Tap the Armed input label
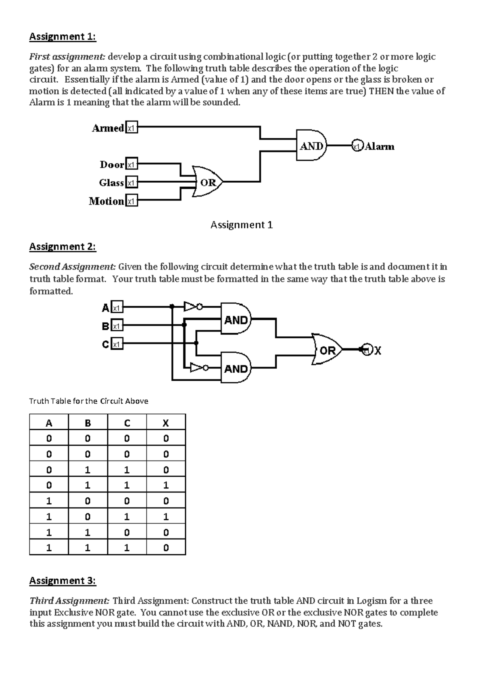[108, 128]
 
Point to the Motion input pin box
[131, 201]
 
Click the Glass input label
[111, 183]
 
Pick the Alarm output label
[379, 146]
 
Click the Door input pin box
[131, 165]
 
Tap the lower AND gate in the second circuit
[236, 368]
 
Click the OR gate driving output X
[327, 350]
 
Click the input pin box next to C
[117, 344]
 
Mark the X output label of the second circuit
[378, 351]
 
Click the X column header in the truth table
[166, 423]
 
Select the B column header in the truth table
[88, 423]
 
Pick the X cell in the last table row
[166, 548]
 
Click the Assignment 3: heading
[63, 580]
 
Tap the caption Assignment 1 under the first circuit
[242, 225]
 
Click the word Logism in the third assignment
[370, 601]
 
